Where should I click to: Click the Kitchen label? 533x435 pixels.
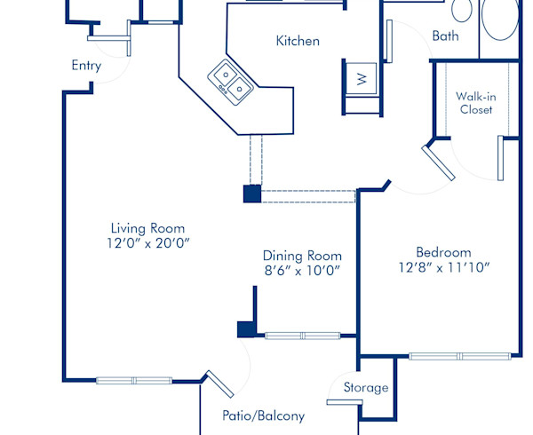pyautogui.click(x=298, y=41)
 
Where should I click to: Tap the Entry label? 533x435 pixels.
pyautogui.click(x=86, y=66)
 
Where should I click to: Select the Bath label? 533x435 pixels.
pyautogui.click(x=445, y=36)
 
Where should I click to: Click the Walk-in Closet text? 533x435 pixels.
pyautogui.click(x=475, y=103)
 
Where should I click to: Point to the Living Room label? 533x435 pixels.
pyautogui.click(x=147, y=226)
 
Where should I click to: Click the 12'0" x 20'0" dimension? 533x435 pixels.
pyautogui.click(x=147, y=242)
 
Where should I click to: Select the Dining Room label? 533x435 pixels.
pyautogui.click(x=301, y=255)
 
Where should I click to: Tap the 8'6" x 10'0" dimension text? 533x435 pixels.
pyautogui.click(x=301, y=271)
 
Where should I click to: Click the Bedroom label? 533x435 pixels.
pyautogui.click(x=443, y=252)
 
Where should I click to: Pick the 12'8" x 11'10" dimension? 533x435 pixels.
pyautogui.click(x=443, y=267)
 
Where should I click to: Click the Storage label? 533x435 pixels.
pyautogui.click(x=366, y=388)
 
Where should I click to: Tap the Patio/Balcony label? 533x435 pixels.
pyautogui.click(x=263, y=415)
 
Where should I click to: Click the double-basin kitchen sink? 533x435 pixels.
pyautogui.click(x=232, y=80)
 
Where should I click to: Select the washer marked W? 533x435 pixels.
pyautogui.click(x=361, y=78)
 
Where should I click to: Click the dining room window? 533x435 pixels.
pyautogui.click(x=303, y=336)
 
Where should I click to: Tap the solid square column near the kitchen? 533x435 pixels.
pyautogui.click(x=252, y=194)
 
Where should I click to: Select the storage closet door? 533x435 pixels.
pyautogui.click(x=344, y=402)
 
